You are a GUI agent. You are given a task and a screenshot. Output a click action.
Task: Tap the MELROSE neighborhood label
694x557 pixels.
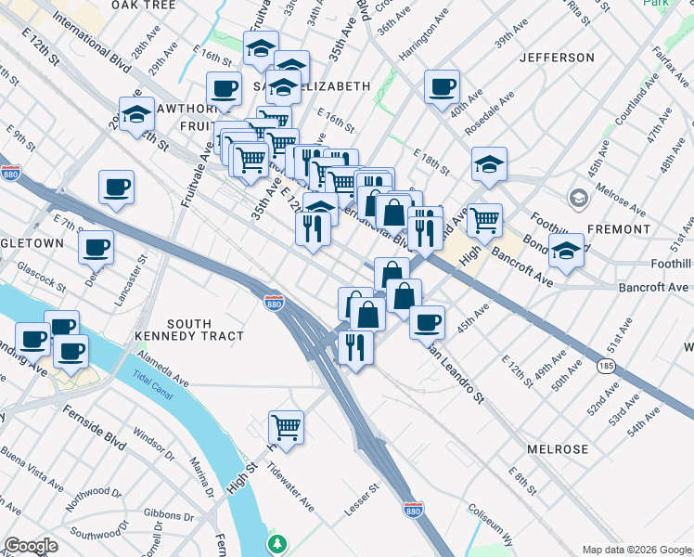[x=558, y=449]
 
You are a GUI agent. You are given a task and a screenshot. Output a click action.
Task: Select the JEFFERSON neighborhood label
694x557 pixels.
[x=557, y=58]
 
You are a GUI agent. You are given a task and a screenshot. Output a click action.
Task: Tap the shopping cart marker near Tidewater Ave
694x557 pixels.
[x=287, y=428]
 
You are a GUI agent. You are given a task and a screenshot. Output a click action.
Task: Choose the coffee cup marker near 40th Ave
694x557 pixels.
[x=443, y=87]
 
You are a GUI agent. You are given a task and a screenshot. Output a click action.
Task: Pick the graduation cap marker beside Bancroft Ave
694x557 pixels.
[x=566, y=251]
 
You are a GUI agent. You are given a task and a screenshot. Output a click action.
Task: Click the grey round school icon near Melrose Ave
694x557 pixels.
[x=579, y=199]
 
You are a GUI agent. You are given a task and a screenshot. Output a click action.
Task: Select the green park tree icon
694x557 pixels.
[x=276, y=543]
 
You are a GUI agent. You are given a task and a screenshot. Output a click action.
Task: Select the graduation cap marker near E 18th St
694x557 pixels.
[x=489, y=164]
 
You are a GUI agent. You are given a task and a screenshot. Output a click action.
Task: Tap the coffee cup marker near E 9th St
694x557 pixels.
[x=117, y=187]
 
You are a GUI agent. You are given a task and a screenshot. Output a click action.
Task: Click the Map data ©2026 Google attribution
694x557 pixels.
[x=636, y=550]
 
